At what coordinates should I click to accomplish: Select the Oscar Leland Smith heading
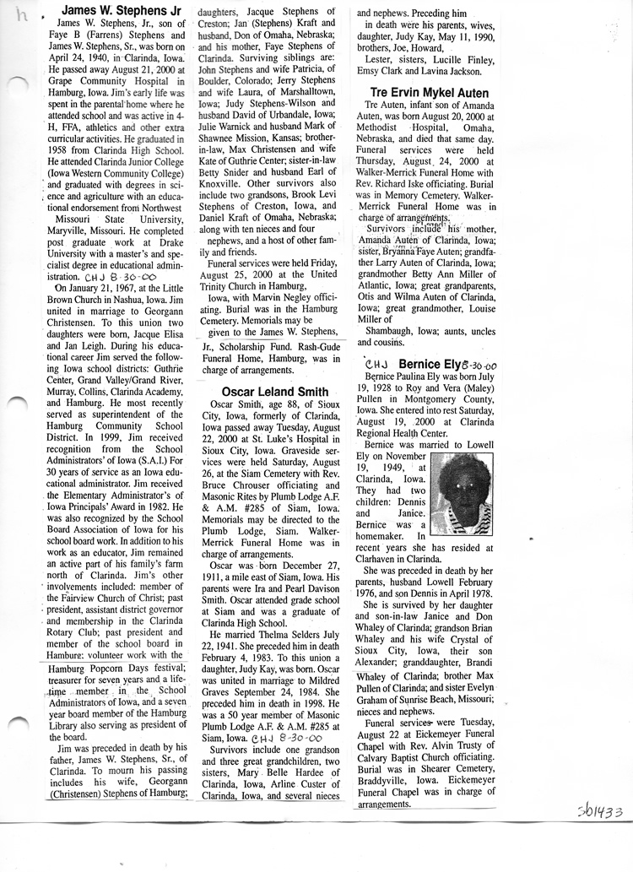275,392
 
